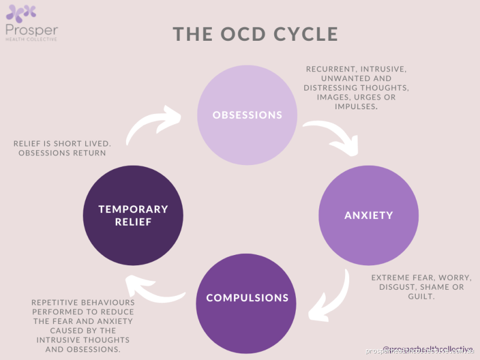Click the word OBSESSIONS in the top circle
pyautogui.click(x=247, y=115)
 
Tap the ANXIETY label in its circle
pyautogui.click(x=368, y=215)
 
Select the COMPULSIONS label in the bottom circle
pyautogui.click(x=247, y=298)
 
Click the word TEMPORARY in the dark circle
pyautogui.click(x=133, y=209)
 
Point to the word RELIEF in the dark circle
pyautogui.click(x=133, y=222)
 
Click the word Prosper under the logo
pyautogui.click(x=31, y=30)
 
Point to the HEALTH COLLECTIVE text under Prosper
pyautogui.click(x=31, y=40)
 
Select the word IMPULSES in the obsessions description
pyautogui.click(x=356, y=107)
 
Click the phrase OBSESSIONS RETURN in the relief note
pyautogui.click(x=62, y=153)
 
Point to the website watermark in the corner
pyautogui.click(x=420, y=350)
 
